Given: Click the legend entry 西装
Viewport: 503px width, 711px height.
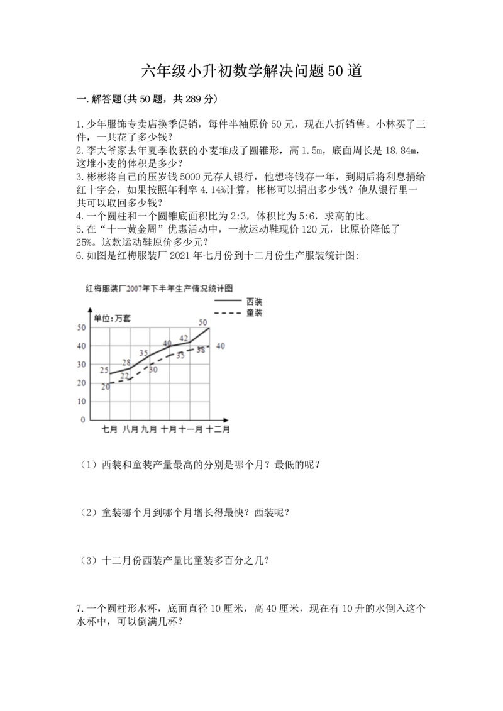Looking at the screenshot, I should (254, 302).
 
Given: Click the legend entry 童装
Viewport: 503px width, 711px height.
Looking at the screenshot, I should (254, 312).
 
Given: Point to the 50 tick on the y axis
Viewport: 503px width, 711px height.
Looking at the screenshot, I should (81, 328).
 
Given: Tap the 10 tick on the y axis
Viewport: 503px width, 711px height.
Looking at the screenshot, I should (81, 401).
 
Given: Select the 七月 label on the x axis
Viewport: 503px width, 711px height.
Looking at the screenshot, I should (110, 429).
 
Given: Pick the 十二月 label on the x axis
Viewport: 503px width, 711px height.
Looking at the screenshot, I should (218, 429).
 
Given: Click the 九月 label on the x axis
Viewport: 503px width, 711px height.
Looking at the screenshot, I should (148, 429).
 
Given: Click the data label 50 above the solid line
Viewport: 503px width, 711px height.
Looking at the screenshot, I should (203, 322).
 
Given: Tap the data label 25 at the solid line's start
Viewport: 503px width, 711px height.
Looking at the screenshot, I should (104, 369).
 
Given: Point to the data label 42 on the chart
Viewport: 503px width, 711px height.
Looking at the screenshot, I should (184, 338).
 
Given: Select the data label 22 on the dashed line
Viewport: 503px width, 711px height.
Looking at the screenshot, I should (124, 375).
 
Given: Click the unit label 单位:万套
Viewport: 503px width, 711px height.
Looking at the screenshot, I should (113, 319).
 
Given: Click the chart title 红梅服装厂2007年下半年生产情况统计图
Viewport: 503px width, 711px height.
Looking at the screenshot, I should (160, 289).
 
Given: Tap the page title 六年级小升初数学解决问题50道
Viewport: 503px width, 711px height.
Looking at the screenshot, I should (251, 71).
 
